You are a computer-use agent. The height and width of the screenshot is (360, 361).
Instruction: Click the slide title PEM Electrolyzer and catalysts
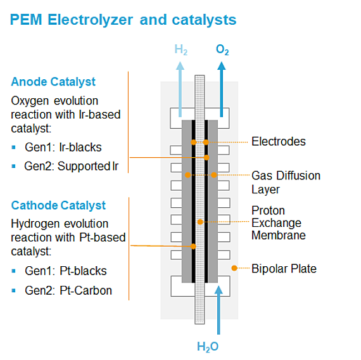pyautogui.click(x=123, y=20)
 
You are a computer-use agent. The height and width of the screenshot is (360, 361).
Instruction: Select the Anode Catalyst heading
pyautogui.click(x=53, y=82)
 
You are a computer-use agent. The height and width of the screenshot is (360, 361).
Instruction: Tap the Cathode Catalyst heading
pyautogui.click(x=58, y=205)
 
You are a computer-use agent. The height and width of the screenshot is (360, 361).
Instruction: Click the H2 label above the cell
pyautogui.click(x=181, y=49)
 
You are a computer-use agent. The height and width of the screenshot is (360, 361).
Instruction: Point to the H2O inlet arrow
pyautogui.click(x=218, y=311)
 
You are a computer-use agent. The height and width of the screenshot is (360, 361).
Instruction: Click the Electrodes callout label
pyautogui.click(x=278, y=141)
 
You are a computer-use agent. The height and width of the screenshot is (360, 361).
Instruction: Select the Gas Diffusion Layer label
pyautogui.click(x=286, y=182)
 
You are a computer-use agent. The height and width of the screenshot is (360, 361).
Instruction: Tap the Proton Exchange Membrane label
pyautogui.click(x=278, y=222)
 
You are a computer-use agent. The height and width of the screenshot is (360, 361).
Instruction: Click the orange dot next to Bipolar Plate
pyautogui.click(x=234, y=268)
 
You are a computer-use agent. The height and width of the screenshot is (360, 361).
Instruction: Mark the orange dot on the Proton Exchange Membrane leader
pyautogui.click(x=200, y=222)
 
